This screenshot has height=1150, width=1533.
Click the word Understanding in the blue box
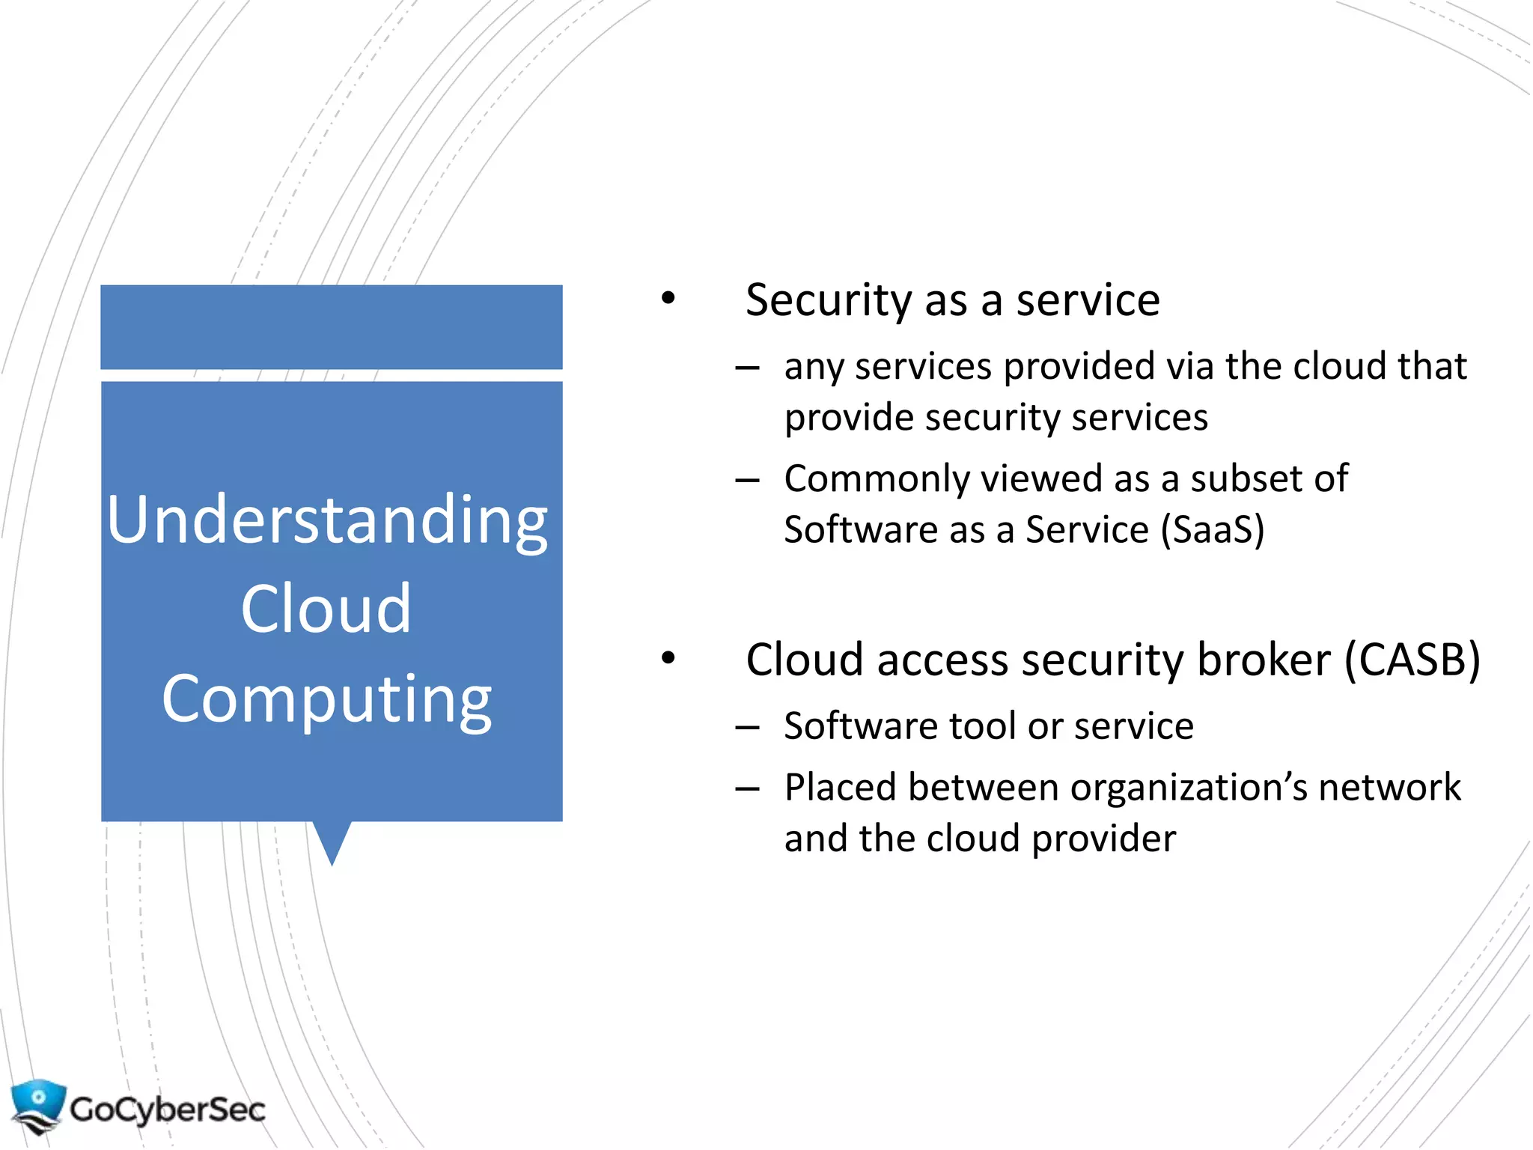coord(327,521)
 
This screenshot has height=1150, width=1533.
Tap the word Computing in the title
coord(327,699)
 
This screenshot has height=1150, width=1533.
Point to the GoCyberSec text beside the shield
coord(168,1109)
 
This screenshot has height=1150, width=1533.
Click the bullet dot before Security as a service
coord(668,299)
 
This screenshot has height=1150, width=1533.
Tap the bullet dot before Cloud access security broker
coord(668,658)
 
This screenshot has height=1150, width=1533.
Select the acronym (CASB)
coord(1412,660)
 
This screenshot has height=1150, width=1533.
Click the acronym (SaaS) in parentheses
coord(1212,530)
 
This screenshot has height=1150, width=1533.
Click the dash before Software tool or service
coord(747,726)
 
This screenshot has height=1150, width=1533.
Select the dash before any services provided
coord(747,368)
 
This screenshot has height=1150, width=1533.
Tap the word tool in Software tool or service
coord(983,726)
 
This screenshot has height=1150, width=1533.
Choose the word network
coord(1389,788)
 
